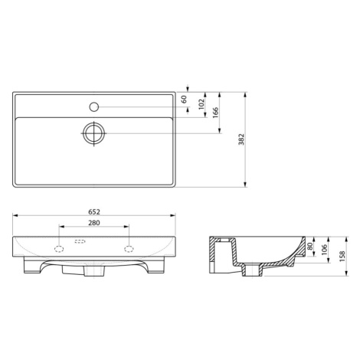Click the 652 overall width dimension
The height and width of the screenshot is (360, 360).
94,212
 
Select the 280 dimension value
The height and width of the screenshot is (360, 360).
94,223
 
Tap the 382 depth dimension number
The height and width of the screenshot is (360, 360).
241,139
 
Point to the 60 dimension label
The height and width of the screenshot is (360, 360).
185,99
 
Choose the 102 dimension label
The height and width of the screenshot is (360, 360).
201,104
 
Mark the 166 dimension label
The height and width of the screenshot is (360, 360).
216,113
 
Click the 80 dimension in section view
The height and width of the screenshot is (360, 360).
310,246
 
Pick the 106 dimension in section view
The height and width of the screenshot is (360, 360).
324,250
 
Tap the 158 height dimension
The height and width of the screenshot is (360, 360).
342,257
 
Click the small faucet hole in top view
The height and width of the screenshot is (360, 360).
94,107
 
